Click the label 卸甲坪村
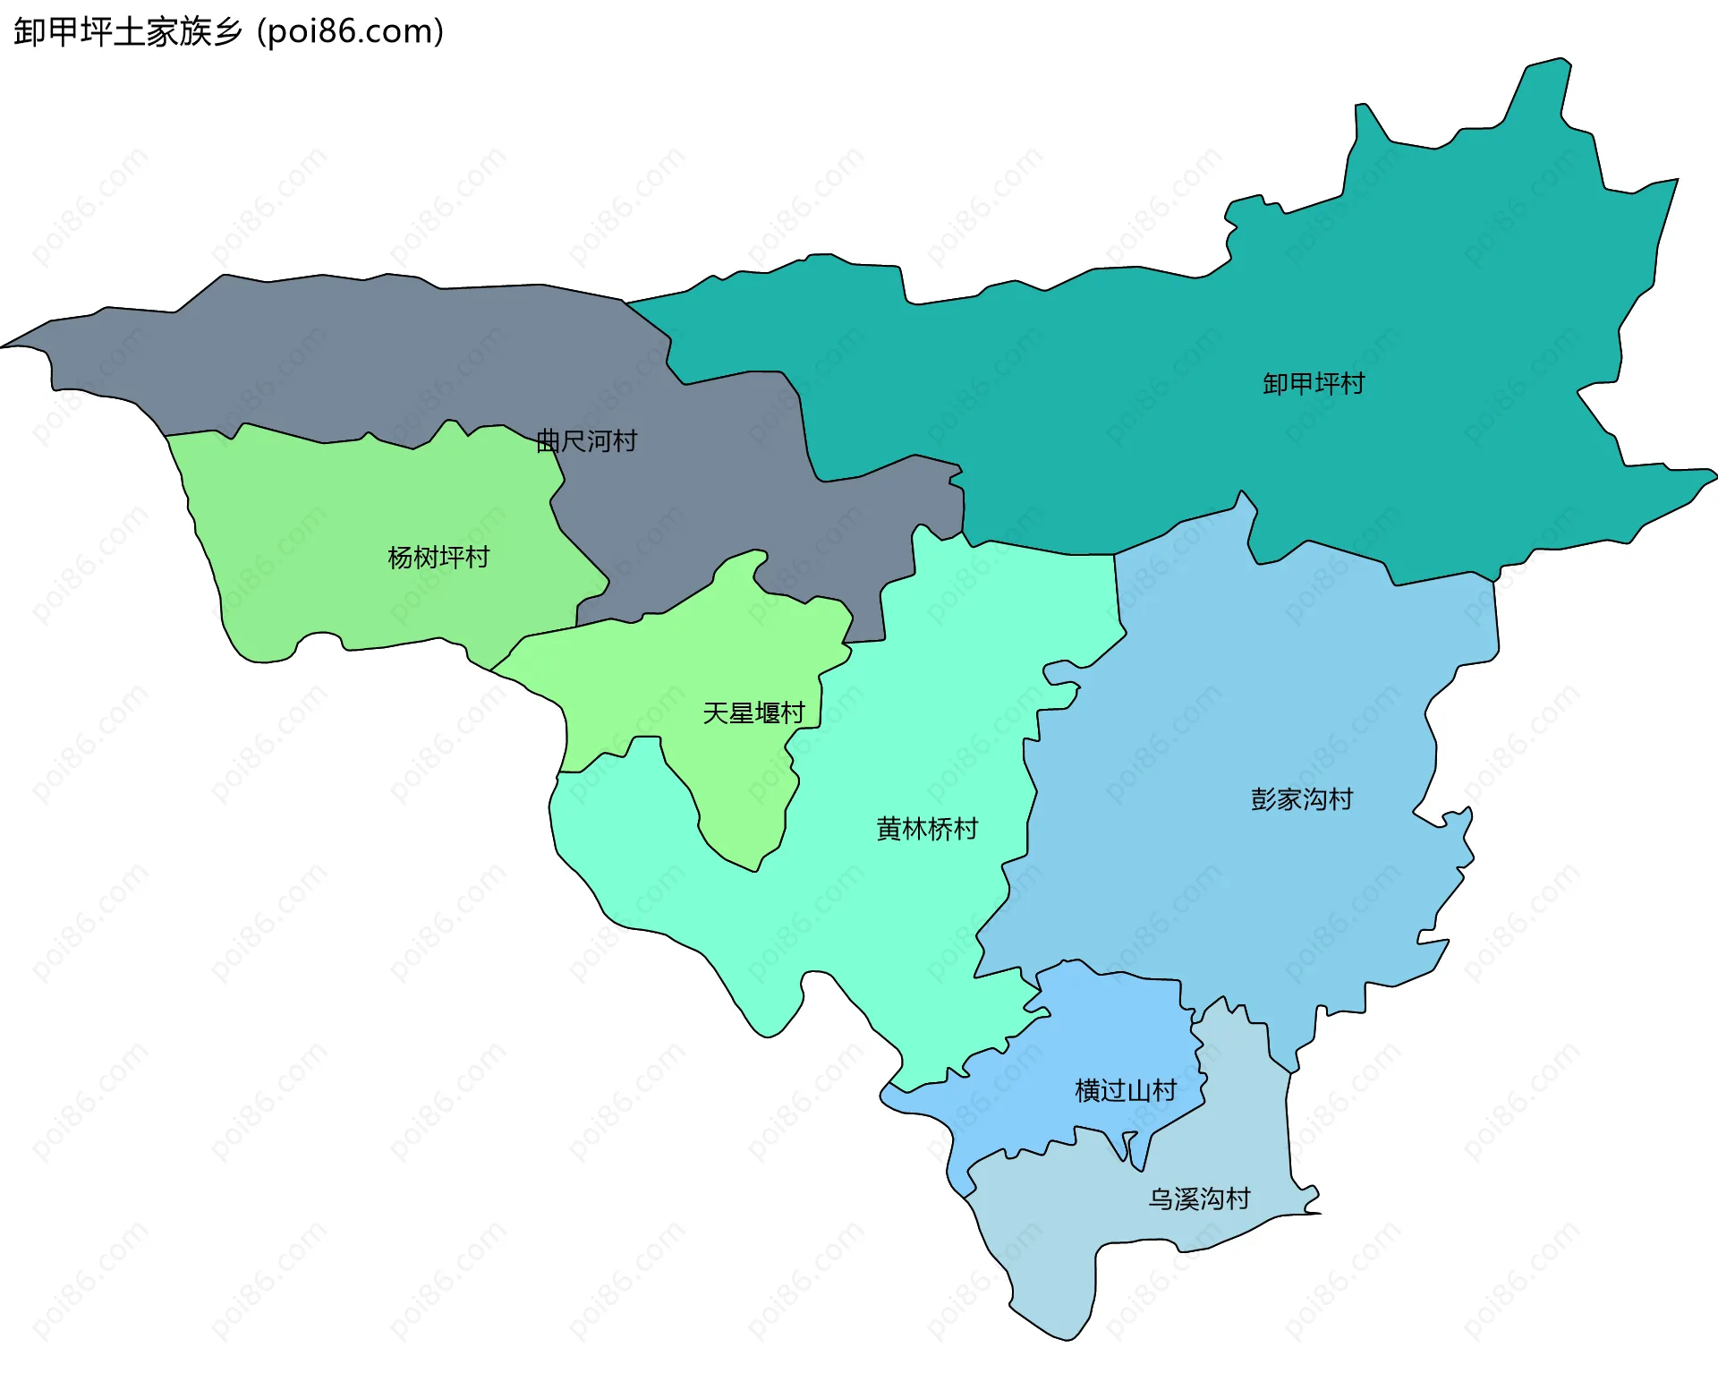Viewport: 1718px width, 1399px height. (x=1314, y=384)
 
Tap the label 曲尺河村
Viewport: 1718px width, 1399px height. (x=586, y=441)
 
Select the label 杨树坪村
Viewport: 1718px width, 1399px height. (x=438, y=558)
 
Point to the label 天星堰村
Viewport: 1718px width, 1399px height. (x=753, y=713)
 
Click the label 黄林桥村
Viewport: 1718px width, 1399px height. (x=927, y=829)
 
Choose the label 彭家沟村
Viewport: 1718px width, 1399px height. (x=1302, y=799)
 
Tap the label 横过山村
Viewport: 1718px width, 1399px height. (x=1126, y=1090)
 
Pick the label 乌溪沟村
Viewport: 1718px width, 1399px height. (x=1199, y=1199)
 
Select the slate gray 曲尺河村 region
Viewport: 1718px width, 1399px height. (x=358, y=358)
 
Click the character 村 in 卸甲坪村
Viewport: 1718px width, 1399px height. (x=1352, y=384)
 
